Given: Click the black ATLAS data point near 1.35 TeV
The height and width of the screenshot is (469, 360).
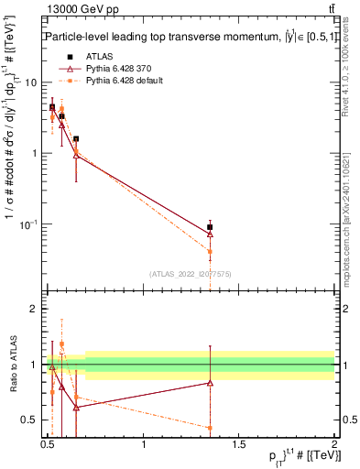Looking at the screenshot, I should pos(210,227).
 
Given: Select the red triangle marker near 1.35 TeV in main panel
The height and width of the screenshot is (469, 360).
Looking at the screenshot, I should pos(210,234).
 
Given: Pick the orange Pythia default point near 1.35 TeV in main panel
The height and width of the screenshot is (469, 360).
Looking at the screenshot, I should pos(210,251).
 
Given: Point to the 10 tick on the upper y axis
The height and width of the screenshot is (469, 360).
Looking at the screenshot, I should pos(32,82).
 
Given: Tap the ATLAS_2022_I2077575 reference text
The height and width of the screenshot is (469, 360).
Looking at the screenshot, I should pos(190,273).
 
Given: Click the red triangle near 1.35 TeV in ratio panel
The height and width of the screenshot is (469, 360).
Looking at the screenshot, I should pos(210,383).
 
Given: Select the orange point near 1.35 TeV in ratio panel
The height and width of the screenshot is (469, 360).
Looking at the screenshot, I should pos(210,428).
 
